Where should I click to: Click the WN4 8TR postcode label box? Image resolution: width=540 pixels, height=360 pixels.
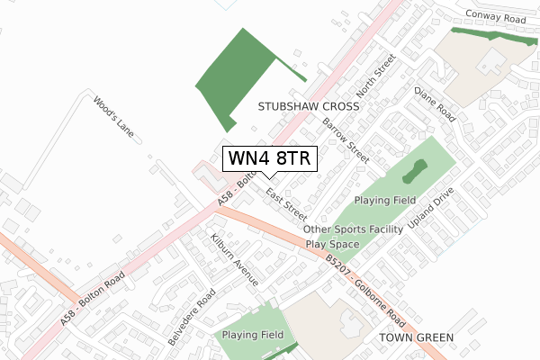269,158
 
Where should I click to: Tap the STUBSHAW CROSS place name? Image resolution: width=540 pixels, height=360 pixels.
309,106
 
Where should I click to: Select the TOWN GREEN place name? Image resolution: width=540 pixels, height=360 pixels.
417,337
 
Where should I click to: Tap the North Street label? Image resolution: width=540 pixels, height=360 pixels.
376,76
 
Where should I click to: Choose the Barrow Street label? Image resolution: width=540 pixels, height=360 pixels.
346,139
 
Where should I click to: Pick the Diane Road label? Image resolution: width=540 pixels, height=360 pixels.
434,104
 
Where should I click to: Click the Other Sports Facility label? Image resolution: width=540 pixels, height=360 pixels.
354,229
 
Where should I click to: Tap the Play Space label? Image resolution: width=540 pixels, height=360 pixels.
332,243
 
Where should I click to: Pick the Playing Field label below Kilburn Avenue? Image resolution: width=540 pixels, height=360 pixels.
253,335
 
